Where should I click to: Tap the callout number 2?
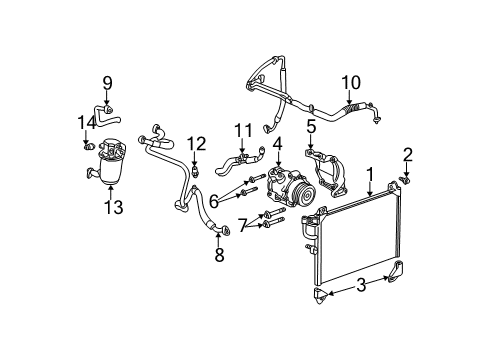tap(407, 153)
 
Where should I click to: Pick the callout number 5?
tap(312, 127)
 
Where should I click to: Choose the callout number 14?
tap(86, 122)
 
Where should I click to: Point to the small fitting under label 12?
tap(196, 170)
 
